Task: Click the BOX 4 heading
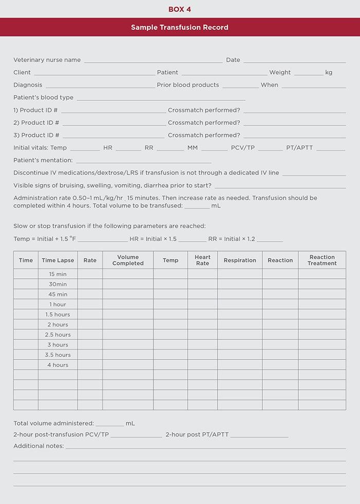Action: [x=179, y=9]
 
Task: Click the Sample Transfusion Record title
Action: [x=179, y=27]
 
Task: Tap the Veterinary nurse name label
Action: [x=47, y=60]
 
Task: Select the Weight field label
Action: [x=280, y=73]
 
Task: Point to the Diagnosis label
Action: [x=28, y=85]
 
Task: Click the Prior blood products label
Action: [x=188, y=85]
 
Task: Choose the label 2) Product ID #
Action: [x=36, y=122]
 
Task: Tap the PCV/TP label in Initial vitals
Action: [x=243, y=148]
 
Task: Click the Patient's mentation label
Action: [x=43, y=160]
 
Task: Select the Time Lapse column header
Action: [x=58, y=260]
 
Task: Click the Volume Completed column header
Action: [x=128, y=260]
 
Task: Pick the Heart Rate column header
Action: [x=203, y=260]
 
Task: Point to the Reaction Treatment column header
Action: [x=322, y=260]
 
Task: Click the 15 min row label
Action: [x=58, y=274]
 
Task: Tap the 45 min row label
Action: [x=58, y=294]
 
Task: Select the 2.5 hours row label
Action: [x=58, y=335]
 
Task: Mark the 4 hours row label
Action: [x=58, y=365]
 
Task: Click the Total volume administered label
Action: [x=53, y=423]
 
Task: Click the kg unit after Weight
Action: [x=329, y=73]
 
